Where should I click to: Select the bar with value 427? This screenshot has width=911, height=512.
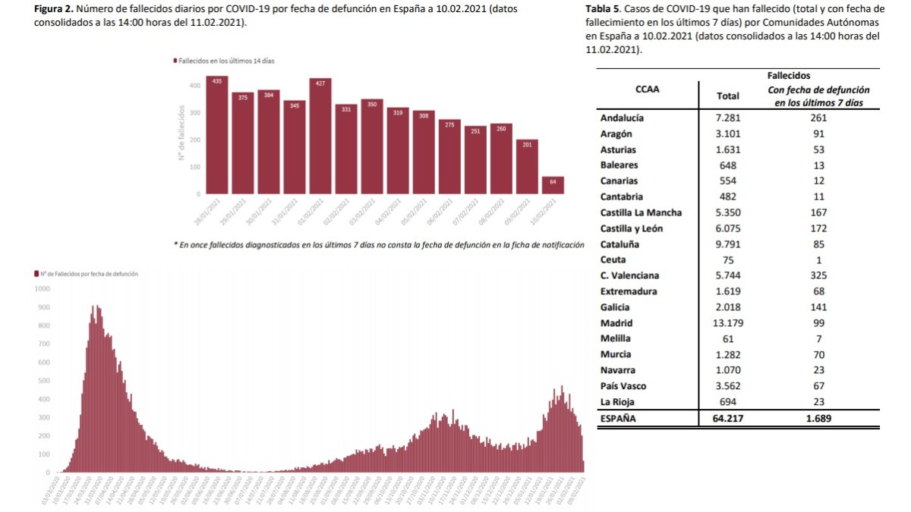pyautogui.click(x=320, y=137)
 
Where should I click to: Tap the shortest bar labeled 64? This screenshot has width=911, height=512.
pyautogui.click(x=553, y=186)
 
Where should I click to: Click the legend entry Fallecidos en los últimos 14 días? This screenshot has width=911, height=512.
pyautogui.click(x=224, y=60)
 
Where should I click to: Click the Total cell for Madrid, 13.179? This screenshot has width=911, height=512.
pyautogui.click(x=728, y=323)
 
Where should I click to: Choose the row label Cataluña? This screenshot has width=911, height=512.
pyautogui.click(x=619, y=244)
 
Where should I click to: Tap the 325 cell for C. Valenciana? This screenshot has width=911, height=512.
pyautogui.click(x=818, y=276)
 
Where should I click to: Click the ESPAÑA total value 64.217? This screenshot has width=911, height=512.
pyautogui.click(x=728, y=419)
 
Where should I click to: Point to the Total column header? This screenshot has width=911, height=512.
pyautogui.click(x=728, y=96)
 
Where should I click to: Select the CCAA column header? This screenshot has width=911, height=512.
pyautogui.click(x=647, y=89)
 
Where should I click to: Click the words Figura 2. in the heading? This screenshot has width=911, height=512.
pyautogui.click(x=55, y=8)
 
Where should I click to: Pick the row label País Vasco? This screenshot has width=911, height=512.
pyautogui.click(x=623, y=386)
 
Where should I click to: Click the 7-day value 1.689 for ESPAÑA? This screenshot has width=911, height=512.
pyautogui.click(x=818, y=419)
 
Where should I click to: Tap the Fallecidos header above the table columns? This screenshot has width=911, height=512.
pyautogui.click(x=789, y=76)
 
